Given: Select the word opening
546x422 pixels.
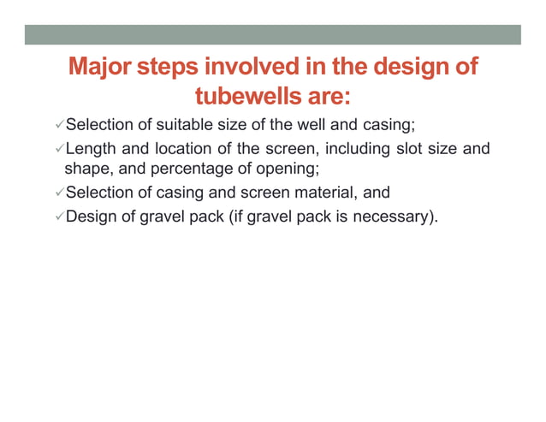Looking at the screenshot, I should [x=289, y=169].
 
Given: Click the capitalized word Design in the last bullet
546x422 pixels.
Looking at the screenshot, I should [x=90, y=217].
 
